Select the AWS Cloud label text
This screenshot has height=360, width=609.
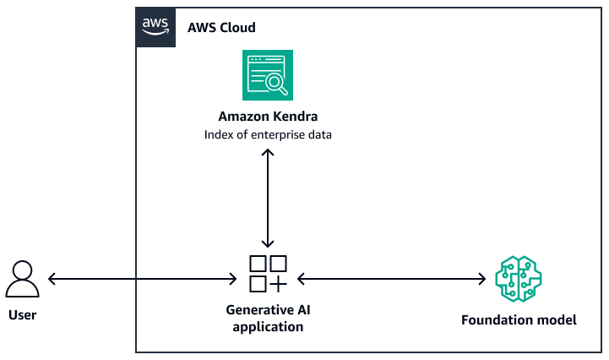tap(221, 28)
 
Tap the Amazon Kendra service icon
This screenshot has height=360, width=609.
tap(268, 74)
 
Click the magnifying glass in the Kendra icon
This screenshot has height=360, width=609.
tap(276, 83)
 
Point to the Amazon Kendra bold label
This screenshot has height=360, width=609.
tap(267, 117)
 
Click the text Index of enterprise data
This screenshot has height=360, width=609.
tap(267, 134)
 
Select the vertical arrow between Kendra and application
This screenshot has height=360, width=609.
tap(268, 198)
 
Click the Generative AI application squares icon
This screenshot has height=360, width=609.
tap(268, 273)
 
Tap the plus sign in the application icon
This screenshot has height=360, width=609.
tap(278, 283)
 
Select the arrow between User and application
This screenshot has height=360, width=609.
tap(142, 278)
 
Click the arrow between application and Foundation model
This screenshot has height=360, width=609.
tap(393, 278)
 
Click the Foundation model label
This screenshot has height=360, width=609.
tap(519, 320)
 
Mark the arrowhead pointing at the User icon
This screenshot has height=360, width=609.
tap(52, 278)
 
